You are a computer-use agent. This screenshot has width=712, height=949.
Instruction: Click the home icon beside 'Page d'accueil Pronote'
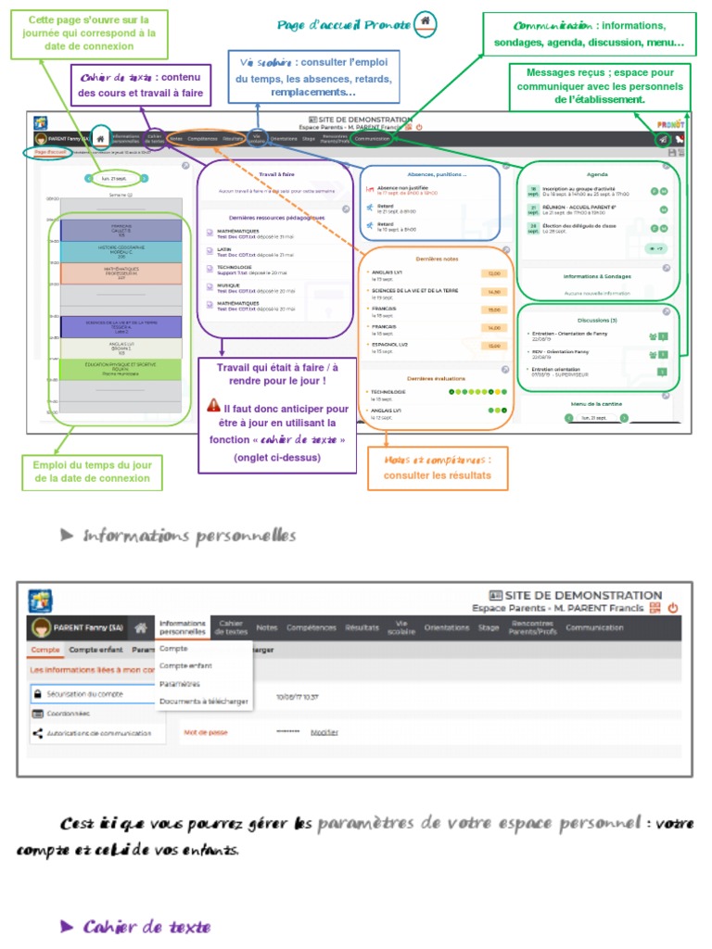coord(425,21)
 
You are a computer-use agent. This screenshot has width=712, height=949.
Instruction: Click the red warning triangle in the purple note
coord(214,407)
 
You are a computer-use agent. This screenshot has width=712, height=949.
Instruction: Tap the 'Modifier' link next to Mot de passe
coord(324,732)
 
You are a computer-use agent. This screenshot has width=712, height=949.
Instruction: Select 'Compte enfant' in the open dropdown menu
coord(185,665)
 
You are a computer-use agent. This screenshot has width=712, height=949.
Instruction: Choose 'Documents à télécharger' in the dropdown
coord(203,702)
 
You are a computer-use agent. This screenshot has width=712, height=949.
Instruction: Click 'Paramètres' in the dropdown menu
coord(180,684)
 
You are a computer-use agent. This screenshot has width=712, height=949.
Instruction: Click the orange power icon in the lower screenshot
coord(673,608)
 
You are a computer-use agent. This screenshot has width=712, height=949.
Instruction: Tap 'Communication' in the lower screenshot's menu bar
coord(594,627)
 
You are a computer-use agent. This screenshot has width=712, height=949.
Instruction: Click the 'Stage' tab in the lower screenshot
coord(488,627)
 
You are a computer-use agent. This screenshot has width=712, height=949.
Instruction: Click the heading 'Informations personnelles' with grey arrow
coord(189,536)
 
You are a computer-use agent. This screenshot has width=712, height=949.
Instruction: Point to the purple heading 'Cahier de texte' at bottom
coord(146,927)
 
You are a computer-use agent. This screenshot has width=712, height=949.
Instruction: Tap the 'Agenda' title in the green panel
coord(597,174)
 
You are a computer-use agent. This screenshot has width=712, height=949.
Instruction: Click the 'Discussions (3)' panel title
coord(597,321)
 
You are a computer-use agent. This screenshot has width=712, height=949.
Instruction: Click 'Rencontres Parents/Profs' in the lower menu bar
coord(531,627)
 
